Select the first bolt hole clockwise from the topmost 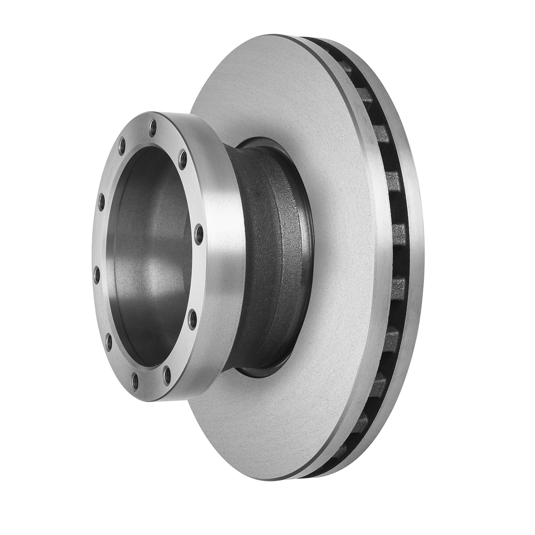(183, 156)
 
